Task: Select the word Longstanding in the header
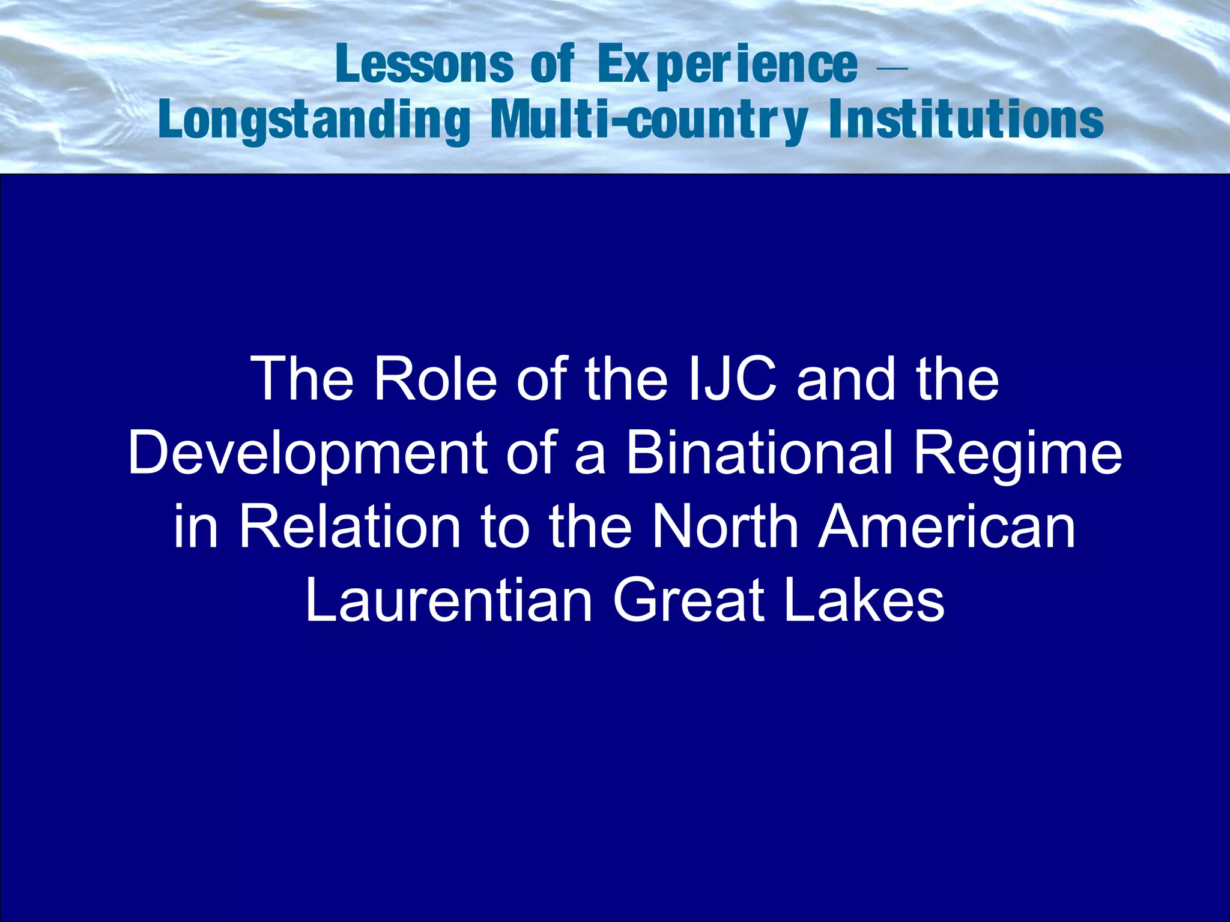(x=315, y=121)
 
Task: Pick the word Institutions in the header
(x=966, y=119)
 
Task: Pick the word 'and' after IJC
(x=847, y=379)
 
